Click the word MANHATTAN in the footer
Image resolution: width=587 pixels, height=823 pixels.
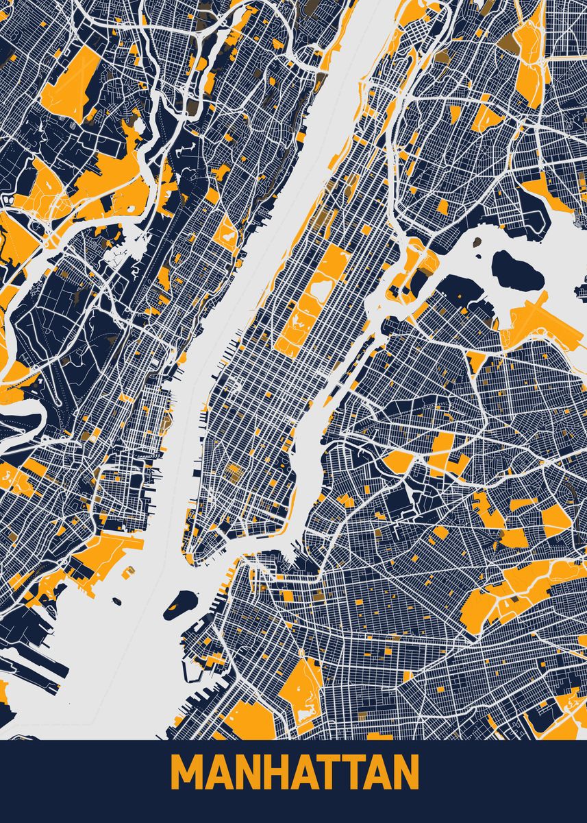point(295,774)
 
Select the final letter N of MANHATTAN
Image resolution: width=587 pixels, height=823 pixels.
point(405,774)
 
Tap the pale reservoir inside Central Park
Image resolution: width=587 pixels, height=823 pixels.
point(317,291)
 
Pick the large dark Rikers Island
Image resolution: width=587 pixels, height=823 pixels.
point(517,268)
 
